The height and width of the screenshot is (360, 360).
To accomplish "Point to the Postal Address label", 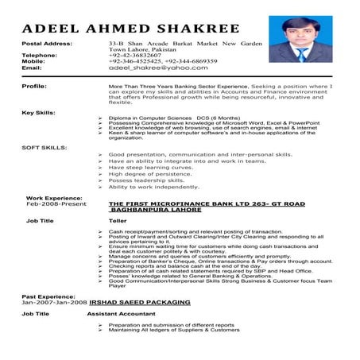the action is coord(47,42).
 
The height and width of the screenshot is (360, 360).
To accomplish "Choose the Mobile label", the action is coord(33,61).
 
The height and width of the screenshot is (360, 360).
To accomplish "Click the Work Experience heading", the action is coord(55,196).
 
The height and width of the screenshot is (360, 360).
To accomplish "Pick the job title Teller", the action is coord(117,220).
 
